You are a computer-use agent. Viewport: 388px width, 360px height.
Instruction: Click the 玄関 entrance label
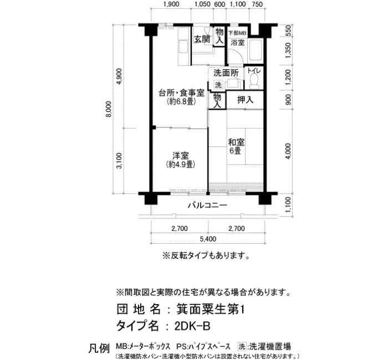click(x=202, y=39)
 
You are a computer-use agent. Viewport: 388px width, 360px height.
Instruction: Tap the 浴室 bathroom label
click(x=238, y=43)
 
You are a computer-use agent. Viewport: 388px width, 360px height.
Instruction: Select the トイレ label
click(x=254, y=70)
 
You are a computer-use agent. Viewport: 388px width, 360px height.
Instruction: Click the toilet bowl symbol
click(x=254, y=81)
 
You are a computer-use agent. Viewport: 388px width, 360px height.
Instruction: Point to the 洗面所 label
click(x=226, y=73)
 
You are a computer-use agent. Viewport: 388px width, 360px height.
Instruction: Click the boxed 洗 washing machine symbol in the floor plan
click(x=218, y=85)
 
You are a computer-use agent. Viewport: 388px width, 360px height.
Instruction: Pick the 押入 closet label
click(x=245, y=100)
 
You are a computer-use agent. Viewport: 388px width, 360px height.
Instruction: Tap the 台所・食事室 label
click(x=181, y=93)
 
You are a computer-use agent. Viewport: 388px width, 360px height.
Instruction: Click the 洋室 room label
click(x=180, y=156)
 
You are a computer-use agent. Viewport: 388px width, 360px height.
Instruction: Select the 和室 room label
click(x=236, y=142)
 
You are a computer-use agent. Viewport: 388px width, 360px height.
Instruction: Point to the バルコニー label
click(x=207, y=205)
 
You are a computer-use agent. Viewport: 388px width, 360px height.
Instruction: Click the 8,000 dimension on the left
click(x=109, y=109)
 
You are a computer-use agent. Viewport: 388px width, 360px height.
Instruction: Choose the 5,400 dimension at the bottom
click(x=208, y=239)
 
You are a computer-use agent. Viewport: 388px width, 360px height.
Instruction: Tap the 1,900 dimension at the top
click(x=171, y=4)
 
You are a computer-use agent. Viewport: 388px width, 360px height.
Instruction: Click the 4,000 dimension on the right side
click(x=288, y=151)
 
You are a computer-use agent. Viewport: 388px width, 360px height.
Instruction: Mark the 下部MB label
click(x=237, y=33)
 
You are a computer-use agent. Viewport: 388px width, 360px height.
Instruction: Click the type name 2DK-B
click(x=192, y=326)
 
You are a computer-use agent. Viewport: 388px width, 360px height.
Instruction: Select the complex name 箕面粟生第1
click(x=210, y=309)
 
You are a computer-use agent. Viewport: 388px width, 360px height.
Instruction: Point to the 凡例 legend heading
click(x=99, y=348)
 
